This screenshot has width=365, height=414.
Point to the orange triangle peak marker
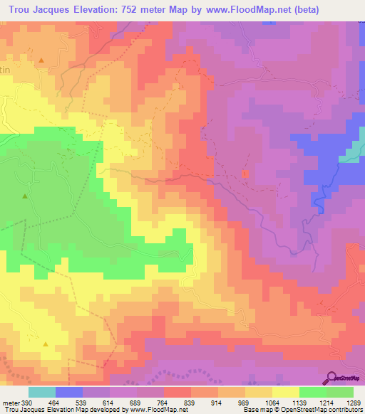click(41, 60)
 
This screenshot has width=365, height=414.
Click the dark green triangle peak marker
click(25, 196)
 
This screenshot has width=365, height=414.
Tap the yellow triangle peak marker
click(45, 344)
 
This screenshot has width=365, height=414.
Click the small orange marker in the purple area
click(245, 174)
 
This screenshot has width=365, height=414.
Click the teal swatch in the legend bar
click(42, 392)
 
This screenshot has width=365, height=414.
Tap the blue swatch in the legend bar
click(69, 392)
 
